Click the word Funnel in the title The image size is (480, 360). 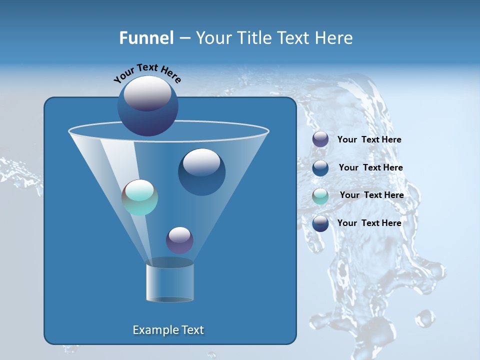point(146,38)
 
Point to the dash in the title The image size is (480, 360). point(184,38)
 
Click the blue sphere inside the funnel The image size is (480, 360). point(201,172)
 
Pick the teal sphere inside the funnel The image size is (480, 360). point(140,197)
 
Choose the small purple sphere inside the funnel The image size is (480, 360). point(179,240)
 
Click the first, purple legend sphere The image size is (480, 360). point(320,139)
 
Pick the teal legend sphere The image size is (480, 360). point(320,196)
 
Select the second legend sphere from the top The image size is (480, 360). point(320,168)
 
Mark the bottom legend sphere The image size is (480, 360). point(320,223)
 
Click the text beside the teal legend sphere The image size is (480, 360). point(371,195)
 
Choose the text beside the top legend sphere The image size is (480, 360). point(369,139)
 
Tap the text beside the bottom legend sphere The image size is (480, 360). point(369,223)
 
